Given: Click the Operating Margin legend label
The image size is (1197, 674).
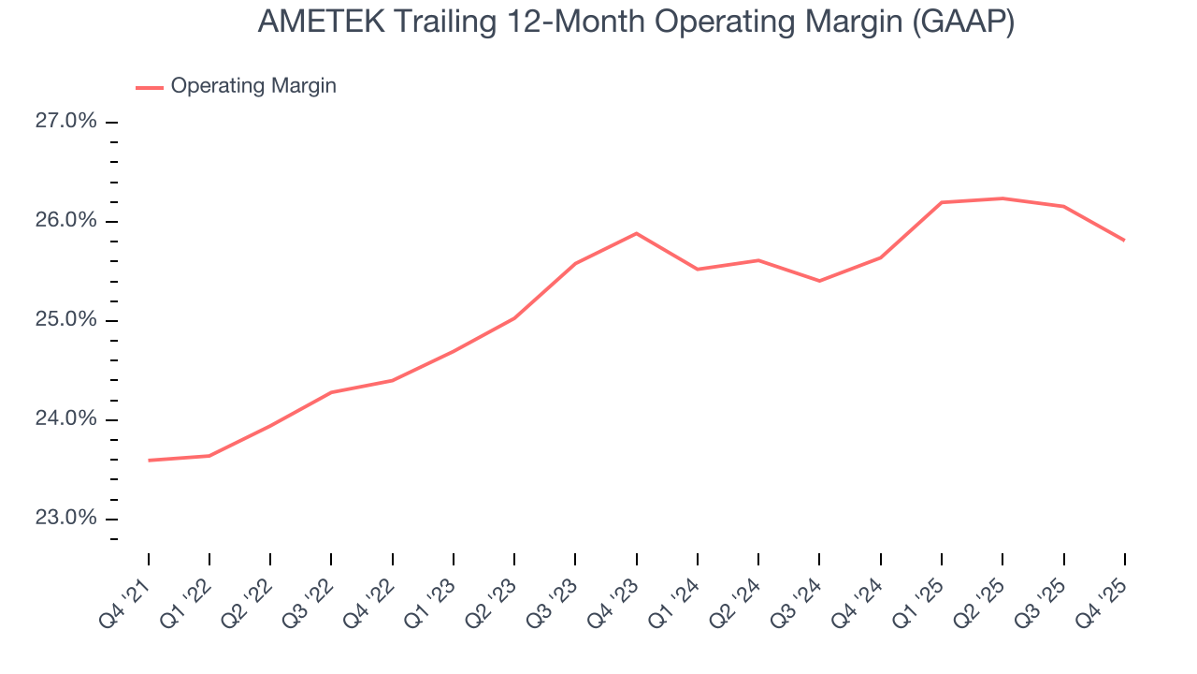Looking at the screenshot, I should [x=253, y=86].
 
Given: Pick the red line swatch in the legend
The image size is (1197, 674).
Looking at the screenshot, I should [x=150, y=87].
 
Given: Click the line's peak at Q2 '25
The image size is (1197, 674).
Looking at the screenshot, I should [x=1002, y=198].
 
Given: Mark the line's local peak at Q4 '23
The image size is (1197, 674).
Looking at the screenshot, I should [x=636, y=233].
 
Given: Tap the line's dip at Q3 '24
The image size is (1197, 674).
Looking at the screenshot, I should [x=819, y=281].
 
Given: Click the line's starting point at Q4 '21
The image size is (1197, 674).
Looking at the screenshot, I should [x=149, y=461].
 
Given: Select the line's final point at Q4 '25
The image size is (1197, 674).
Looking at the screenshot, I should [x=1123, y=241].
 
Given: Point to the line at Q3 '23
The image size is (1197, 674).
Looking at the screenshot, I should [x=575, y=263].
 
